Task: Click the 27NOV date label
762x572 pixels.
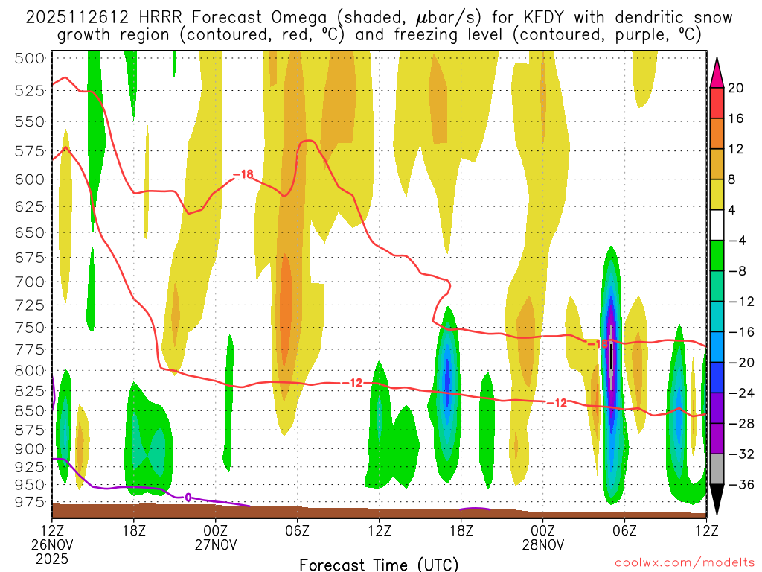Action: coord(216,544)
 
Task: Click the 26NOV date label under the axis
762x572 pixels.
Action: coord(53,544)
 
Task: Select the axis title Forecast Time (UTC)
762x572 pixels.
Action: coord(379,564)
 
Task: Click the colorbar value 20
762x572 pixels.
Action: coord(736,88)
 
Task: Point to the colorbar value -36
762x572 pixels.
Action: coord(737,485)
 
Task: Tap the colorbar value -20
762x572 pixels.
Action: coord(737,363)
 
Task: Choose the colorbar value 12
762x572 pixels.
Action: coord(736,149)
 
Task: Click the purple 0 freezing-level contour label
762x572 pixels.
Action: coord(188,497)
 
